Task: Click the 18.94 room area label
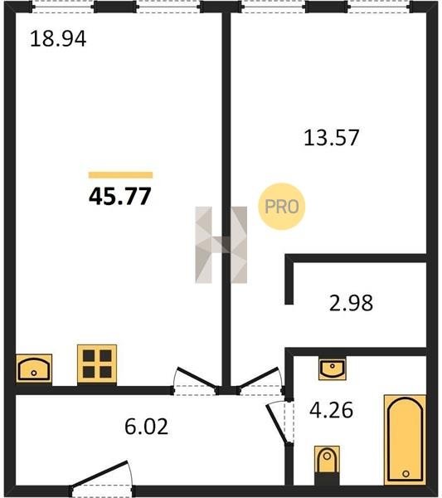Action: click(58, 39)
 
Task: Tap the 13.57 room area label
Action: click(331, 138)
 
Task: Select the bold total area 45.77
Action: click(120, 196)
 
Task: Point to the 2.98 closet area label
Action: click(351, 303)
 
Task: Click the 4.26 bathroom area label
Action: click(331, 410)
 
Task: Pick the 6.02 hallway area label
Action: click(146, 427)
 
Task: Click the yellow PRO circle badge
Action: click(281, 207)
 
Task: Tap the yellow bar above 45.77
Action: click(120, 175)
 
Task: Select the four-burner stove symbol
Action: click(97, 364)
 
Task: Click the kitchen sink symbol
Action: click(34, 369)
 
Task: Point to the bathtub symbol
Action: click(406, 440)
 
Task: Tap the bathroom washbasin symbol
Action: click(333, 368)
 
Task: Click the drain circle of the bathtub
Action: click(406, 474)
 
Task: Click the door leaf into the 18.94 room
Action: click(197, 378)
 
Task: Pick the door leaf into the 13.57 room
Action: click(259, 378)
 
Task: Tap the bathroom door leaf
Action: click(278, 422)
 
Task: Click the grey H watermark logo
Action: click(221, 245)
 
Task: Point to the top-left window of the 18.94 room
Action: click(63, 7)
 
